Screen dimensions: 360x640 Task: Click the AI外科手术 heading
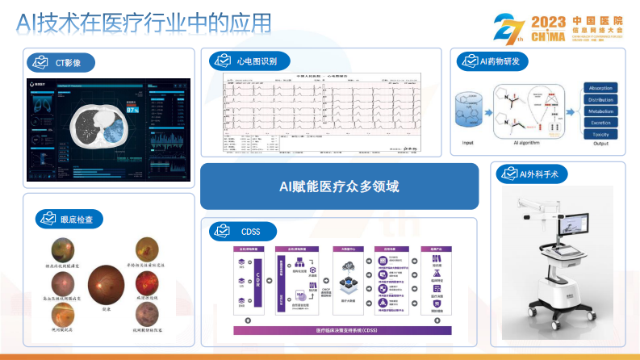click(533, 174)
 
